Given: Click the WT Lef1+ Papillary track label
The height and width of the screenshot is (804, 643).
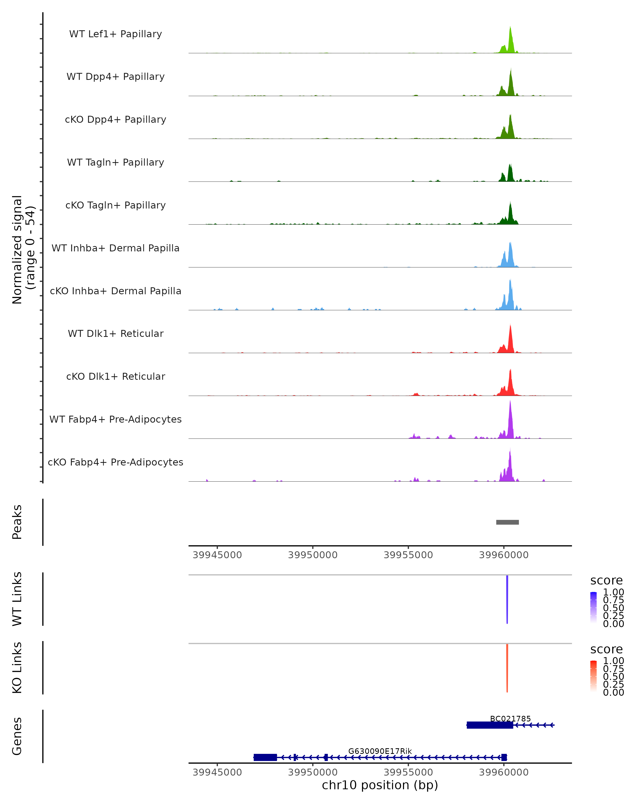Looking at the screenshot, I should point(115,34).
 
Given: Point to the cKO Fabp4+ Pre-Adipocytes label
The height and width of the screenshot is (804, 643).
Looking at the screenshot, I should point(115,462).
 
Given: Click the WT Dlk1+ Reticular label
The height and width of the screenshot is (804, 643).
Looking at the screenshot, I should point(115,334).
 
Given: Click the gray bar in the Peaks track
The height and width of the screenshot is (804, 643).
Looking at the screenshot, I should point(507,522).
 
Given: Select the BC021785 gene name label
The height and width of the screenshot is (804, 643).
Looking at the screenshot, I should point(510,719).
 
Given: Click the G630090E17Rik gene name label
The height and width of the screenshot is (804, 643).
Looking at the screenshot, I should point(380,751).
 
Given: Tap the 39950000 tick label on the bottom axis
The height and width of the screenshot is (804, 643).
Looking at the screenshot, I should point(313,772).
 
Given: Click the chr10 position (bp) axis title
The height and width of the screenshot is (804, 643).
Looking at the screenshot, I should point(380,785).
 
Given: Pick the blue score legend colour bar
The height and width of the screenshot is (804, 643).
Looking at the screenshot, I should point(593,608).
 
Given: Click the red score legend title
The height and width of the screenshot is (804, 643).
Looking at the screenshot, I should point(607,649).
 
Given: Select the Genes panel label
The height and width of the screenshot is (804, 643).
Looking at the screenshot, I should point(17,736).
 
